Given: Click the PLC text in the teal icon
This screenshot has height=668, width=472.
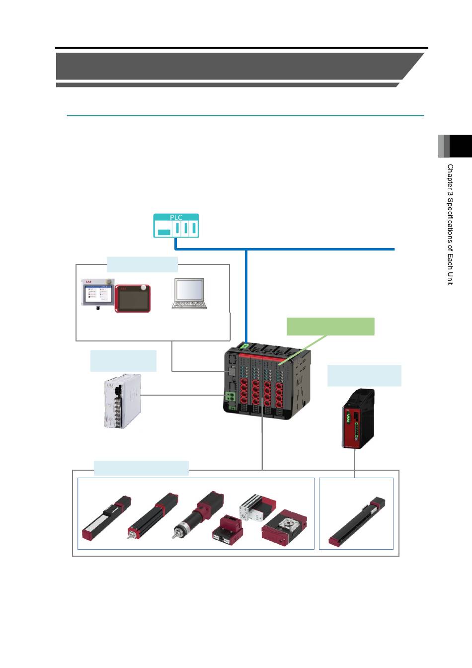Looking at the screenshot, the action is click(176, 217).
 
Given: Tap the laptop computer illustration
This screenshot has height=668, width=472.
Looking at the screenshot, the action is click(189, 294).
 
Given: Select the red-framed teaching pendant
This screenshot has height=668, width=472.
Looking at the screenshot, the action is click(133, 299).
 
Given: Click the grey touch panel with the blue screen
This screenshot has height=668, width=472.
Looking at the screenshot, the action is click(98, 293).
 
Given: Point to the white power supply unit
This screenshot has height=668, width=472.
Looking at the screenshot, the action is click(123, 401).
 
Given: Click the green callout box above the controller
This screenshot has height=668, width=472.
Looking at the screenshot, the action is click(330, 327).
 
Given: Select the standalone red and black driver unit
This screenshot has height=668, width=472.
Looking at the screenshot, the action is click(358, 418).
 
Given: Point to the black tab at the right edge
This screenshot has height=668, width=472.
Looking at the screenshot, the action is click(461, 146).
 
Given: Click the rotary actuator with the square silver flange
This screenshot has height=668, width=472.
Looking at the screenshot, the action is click(285, 527).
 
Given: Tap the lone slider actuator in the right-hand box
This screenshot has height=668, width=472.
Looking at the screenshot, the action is click(357, 521).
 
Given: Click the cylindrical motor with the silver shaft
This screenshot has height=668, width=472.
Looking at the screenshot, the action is click(198, 514).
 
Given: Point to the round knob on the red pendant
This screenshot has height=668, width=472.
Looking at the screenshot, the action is click(144, 287).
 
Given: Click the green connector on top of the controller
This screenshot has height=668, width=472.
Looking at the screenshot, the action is click(245, 346).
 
